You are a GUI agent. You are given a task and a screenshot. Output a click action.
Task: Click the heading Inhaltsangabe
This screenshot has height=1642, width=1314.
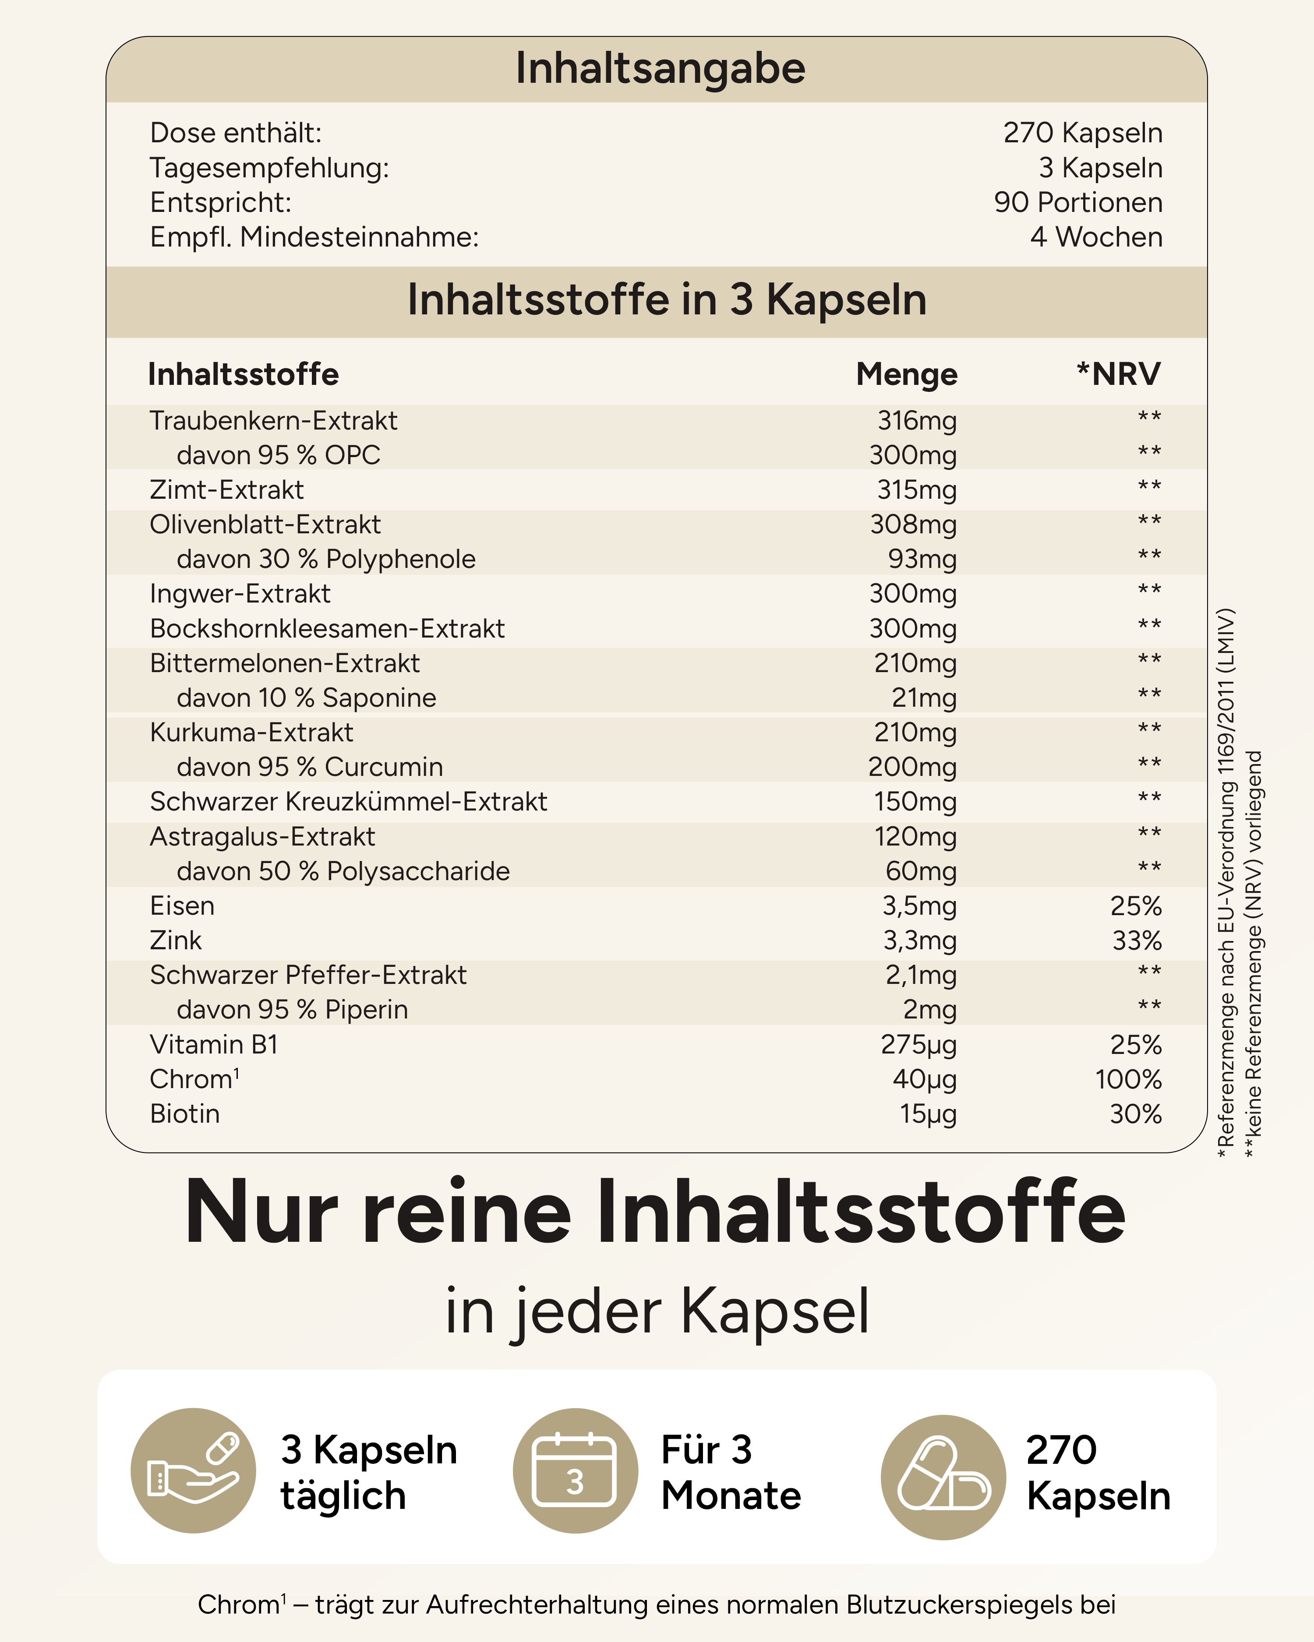pos(660,69)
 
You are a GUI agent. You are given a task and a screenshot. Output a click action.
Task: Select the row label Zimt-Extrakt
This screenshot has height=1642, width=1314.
pos(226,490)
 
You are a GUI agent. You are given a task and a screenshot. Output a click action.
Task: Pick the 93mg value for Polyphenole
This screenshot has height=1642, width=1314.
pos(922,559)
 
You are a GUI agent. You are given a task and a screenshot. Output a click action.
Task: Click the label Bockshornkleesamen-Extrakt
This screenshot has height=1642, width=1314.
pos(327,628)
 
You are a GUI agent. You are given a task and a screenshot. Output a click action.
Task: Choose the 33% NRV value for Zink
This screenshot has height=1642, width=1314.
pos(1137,941)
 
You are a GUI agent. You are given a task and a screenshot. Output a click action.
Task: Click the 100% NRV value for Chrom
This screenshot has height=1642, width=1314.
pos(1128,1079)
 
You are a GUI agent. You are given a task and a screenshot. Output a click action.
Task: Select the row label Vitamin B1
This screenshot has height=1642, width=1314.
pos(214,1044)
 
